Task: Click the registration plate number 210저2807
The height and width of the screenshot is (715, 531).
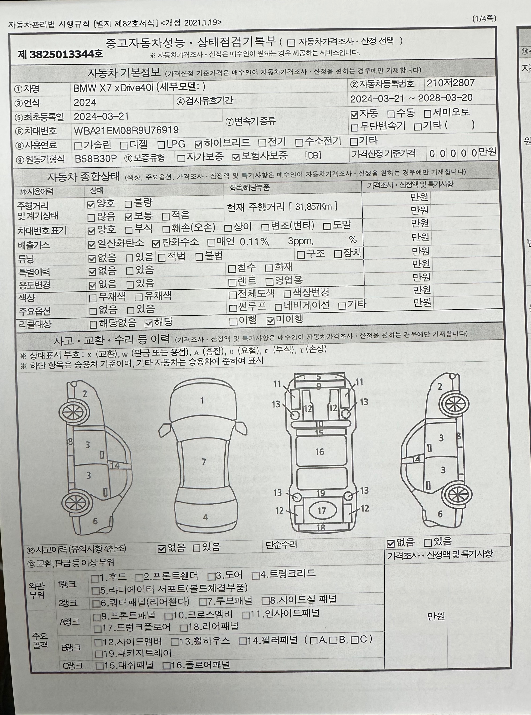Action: [450, 83]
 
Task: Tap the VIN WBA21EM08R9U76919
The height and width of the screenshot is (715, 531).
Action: [126, 130]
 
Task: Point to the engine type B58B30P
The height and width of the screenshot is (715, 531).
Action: [96, 159]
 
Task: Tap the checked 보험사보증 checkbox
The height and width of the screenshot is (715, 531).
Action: [236, 157]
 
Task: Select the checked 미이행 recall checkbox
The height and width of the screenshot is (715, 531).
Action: [271, 320]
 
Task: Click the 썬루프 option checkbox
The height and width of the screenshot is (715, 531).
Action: [233, 308]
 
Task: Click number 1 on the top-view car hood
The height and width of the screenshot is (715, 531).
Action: [202, 400]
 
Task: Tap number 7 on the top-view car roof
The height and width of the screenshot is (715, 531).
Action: [203, 462]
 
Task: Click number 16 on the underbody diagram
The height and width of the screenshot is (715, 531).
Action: [320, 452]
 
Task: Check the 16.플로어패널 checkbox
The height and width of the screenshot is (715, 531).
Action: [166, 666]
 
